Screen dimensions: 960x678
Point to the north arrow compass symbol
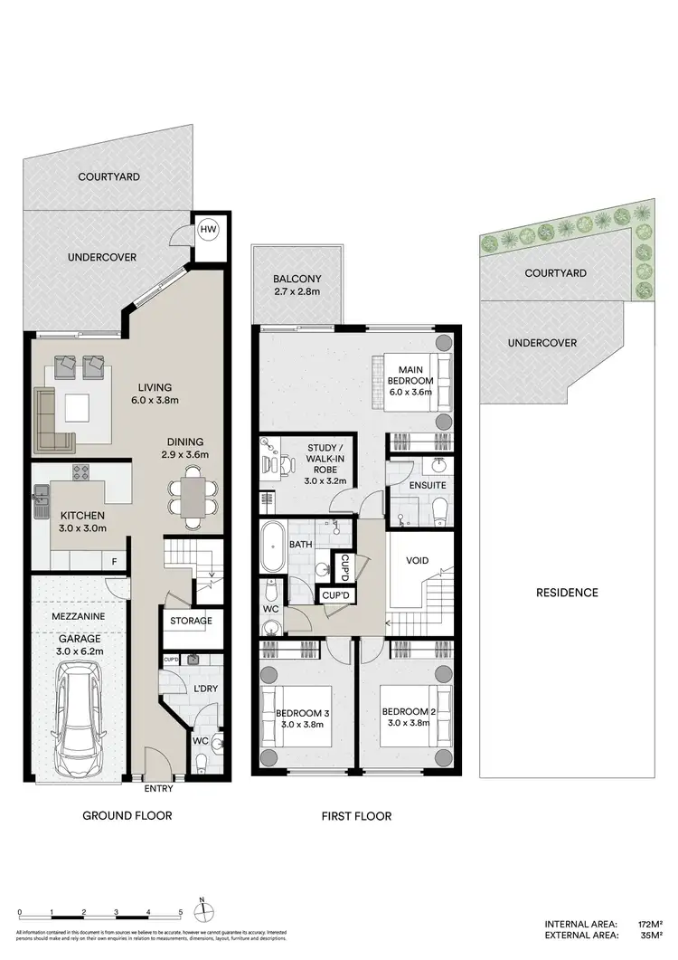(x=205, y=908)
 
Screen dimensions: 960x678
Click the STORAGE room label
(x=191, y=621)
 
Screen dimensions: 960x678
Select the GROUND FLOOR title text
(x=127, y=816)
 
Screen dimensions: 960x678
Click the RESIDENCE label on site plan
(x=567, y=593)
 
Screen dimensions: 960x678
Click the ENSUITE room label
(x=418, y=486)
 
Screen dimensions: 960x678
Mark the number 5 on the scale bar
(x=181, y=912)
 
